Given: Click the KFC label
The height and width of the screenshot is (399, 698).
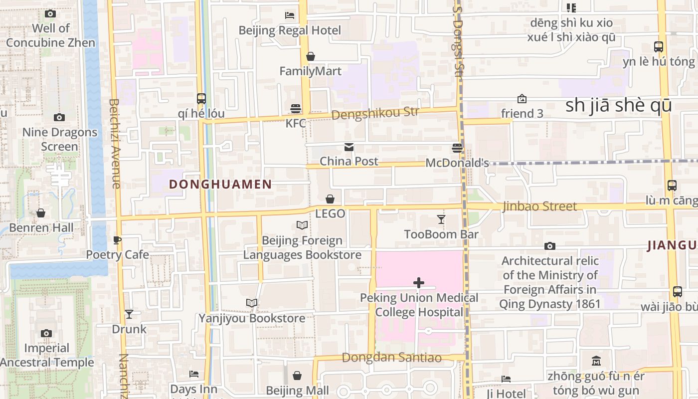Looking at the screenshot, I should (296, 123).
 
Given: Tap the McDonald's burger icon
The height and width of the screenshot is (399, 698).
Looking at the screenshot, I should (457, 148).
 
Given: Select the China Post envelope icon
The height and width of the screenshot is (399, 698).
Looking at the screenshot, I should (349, 147).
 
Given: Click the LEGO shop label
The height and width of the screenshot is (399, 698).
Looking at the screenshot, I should (330, 213).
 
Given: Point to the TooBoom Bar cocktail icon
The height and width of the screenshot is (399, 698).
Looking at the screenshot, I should (441, 219).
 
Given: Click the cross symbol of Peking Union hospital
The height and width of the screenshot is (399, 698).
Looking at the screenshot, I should (419, 283).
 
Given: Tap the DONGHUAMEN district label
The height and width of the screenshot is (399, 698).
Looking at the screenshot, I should (220, 184).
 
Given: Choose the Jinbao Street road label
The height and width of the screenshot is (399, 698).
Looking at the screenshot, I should (539, 206).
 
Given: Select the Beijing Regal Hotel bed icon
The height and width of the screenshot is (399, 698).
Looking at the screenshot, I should (290, 15).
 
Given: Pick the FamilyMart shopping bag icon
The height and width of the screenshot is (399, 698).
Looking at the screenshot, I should (311, 56).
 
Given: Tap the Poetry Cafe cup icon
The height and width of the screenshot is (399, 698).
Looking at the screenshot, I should (117, 240).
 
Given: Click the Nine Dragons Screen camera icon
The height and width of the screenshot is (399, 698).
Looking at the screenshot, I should (59, 117).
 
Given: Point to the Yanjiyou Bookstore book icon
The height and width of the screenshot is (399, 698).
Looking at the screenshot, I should (252, 303).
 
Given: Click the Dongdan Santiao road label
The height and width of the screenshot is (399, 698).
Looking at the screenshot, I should (392, 358).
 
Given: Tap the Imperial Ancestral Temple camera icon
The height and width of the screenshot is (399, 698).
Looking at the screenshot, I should (46, 333).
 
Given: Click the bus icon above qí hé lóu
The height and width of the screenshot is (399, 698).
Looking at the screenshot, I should (201, 98).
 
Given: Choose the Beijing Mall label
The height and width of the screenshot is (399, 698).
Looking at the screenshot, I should (297, 390).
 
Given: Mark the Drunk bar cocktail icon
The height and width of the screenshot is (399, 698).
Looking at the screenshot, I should (129, 314).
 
